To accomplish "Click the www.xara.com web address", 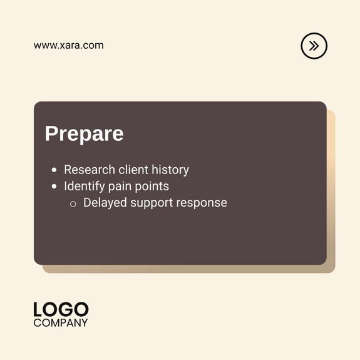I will tap(69, 45).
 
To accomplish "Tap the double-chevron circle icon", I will tap(314, 46).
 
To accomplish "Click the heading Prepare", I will tap(84, 134).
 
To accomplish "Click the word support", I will tap(152, 203).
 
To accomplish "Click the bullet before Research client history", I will tap(54, 170).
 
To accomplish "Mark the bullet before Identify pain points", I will tap(54, 187).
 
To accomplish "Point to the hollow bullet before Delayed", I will tap(73, 203).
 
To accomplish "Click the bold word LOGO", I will tap(61, 309).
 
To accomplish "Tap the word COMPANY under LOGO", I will tap(61, 323).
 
